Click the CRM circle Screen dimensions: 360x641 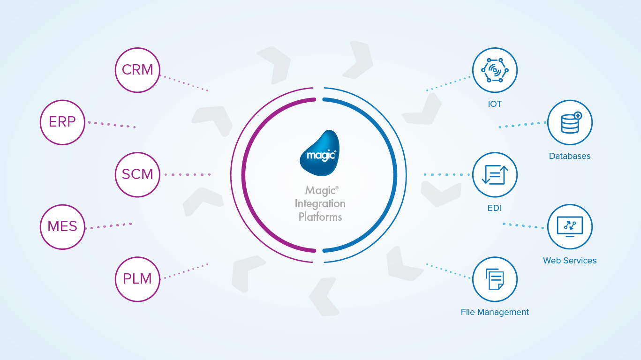pyautogui.click(x=137, y=70)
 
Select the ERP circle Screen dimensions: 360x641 pyautogui.click(x=62, y=122)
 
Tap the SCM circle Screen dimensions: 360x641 pyautogui.click(x=137, y=174)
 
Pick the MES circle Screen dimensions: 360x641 pyautogui.click(x=62, y=227)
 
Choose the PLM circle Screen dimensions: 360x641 pyautogui.click(x=137, y=279)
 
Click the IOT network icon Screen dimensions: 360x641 pyautogui.click(x=495, y=70)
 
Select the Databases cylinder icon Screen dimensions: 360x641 pyautogui.click(x=570, y=122)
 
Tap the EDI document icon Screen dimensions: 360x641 pyautogui.click(x=495, y=175)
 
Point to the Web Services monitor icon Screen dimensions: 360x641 pyautogui.click(x=570, y=227)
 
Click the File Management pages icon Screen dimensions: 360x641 pyautogui.click(x=495, y=279)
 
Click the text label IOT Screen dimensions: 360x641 pyautogui.click(x=495, y=104)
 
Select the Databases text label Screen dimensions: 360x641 pyautogui.click(x=570, y=156)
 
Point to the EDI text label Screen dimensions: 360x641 pyautogui.click(x=495, y=208)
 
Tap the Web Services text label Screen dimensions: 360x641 pyautogui.click(x=570, y=261)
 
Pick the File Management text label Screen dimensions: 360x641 pyautogui.click(x=495, y=312)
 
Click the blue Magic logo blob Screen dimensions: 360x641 pyautogui.click(x=320, y=153)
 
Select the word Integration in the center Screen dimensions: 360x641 pyautogui.click(x=320, y=203)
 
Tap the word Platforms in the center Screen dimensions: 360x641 pyautogui.click(x=320, y=217)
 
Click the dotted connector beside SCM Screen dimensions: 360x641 pyautogui.click(x=188, y=174)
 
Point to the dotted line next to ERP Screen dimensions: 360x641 pyautogui.click(x=112, y=125)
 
